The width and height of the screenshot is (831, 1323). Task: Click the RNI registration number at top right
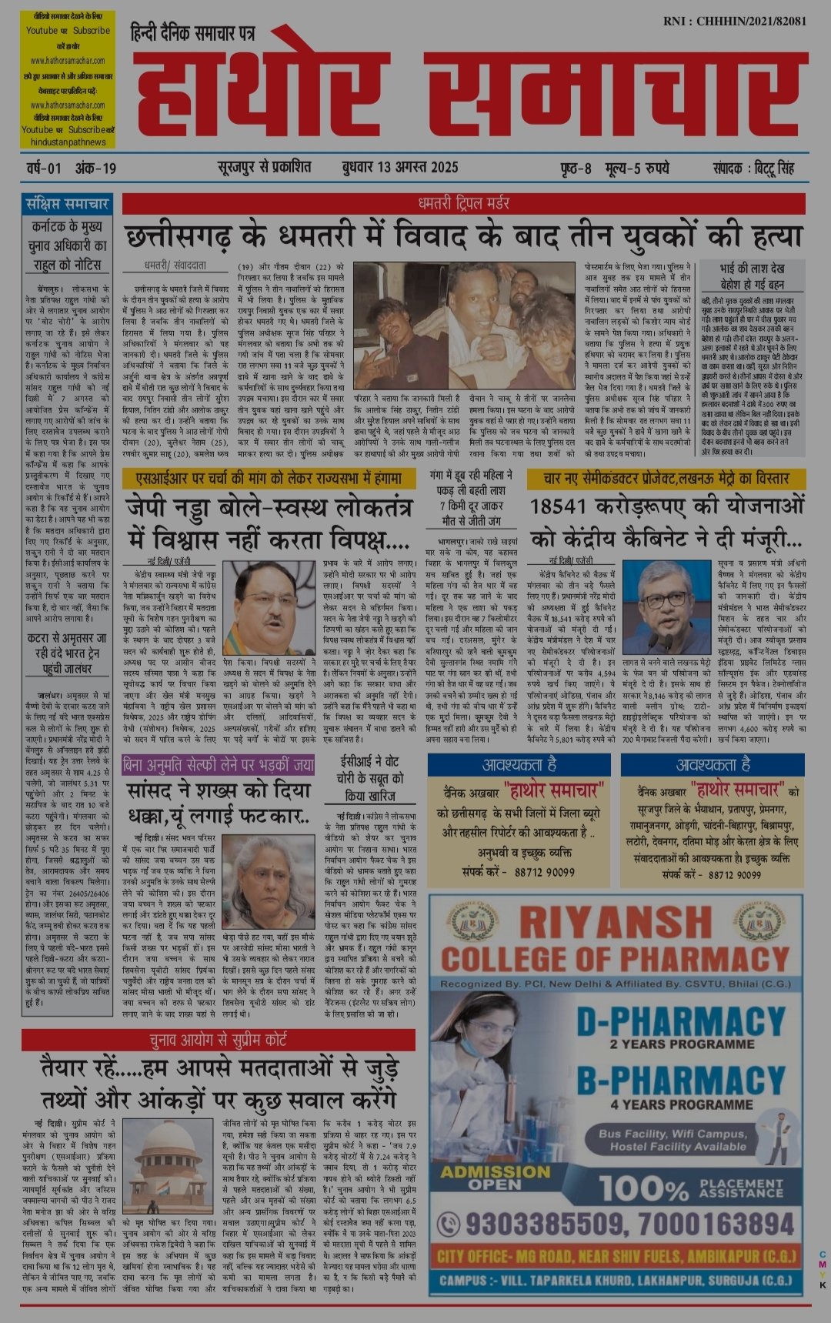[x=734, y=21]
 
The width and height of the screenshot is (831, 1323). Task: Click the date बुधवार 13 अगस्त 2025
[x=399, y=167]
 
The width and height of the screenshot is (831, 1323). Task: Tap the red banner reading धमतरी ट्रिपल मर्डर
[x=463, y=203]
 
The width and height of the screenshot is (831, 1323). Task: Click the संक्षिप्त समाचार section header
[x=67, y=204]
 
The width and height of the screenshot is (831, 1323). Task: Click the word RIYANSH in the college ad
[x=615, y=923]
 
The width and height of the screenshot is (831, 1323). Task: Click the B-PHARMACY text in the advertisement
[x=680, y=1080]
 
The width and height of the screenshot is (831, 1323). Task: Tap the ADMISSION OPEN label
[x=495, y=1178]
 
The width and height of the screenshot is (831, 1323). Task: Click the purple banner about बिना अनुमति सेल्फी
[x=218, y=765]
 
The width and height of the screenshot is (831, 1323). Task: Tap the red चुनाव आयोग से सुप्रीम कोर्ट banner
[x=218, y=1041]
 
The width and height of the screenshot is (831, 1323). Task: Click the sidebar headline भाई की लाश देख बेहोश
[x=752, y=276]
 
